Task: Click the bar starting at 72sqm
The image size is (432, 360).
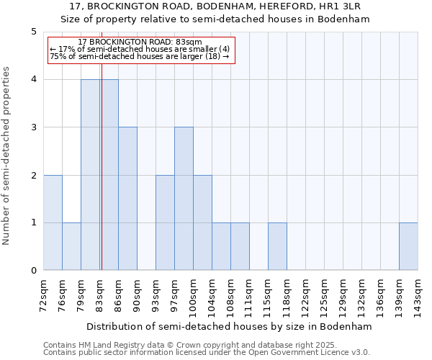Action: [53, 222]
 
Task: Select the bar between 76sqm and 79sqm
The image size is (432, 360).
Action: [71, 246]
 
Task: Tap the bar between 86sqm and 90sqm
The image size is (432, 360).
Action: [127, 199]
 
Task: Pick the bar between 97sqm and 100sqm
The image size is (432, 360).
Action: [184, 199]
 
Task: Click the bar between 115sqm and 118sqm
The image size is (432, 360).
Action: [277, 246]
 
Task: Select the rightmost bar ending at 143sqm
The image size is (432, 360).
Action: [408, 246]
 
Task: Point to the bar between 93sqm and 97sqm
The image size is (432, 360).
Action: [165, 222]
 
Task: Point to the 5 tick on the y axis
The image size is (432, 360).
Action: [33, 32]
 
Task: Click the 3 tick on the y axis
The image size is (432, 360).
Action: [33, 127]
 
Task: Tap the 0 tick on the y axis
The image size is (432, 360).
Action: [33, 271]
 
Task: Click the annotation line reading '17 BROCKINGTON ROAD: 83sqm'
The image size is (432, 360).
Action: [140, 42]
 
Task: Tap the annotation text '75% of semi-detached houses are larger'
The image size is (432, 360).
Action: [140, 57]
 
